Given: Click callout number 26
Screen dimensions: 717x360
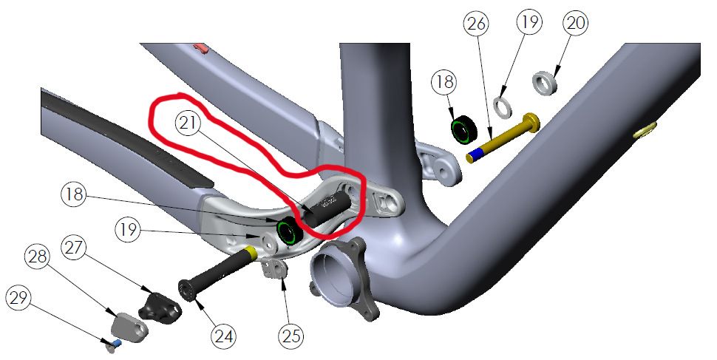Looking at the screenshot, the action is coord(477,23).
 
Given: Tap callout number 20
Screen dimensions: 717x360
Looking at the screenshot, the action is coord(575,23).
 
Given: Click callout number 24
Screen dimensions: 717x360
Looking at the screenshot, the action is coord(224,337).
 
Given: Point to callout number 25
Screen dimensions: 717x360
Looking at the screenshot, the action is coord(291,337).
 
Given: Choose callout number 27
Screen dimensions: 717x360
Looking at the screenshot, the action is coord(75,248).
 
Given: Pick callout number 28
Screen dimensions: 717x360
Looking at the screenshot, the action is coord(38,257).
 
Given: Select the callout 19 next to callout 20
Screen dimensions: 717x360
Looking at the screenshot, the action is coord(529,22).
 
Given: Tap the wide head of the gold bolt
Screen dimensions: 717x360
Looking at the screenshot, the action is coord(531,122).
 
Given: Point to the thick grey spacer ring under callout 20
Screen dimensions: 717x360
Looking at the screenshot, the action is coord(545,82).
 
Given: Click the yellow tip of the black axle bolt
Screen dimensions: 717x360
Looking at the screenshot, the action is coord(252,252).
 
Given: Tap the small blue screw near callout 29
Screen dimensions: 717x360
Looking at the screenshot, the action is coord(117,342).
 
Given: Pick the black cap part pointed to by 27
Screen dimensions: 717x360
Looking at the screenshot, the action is coord(160,305).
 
